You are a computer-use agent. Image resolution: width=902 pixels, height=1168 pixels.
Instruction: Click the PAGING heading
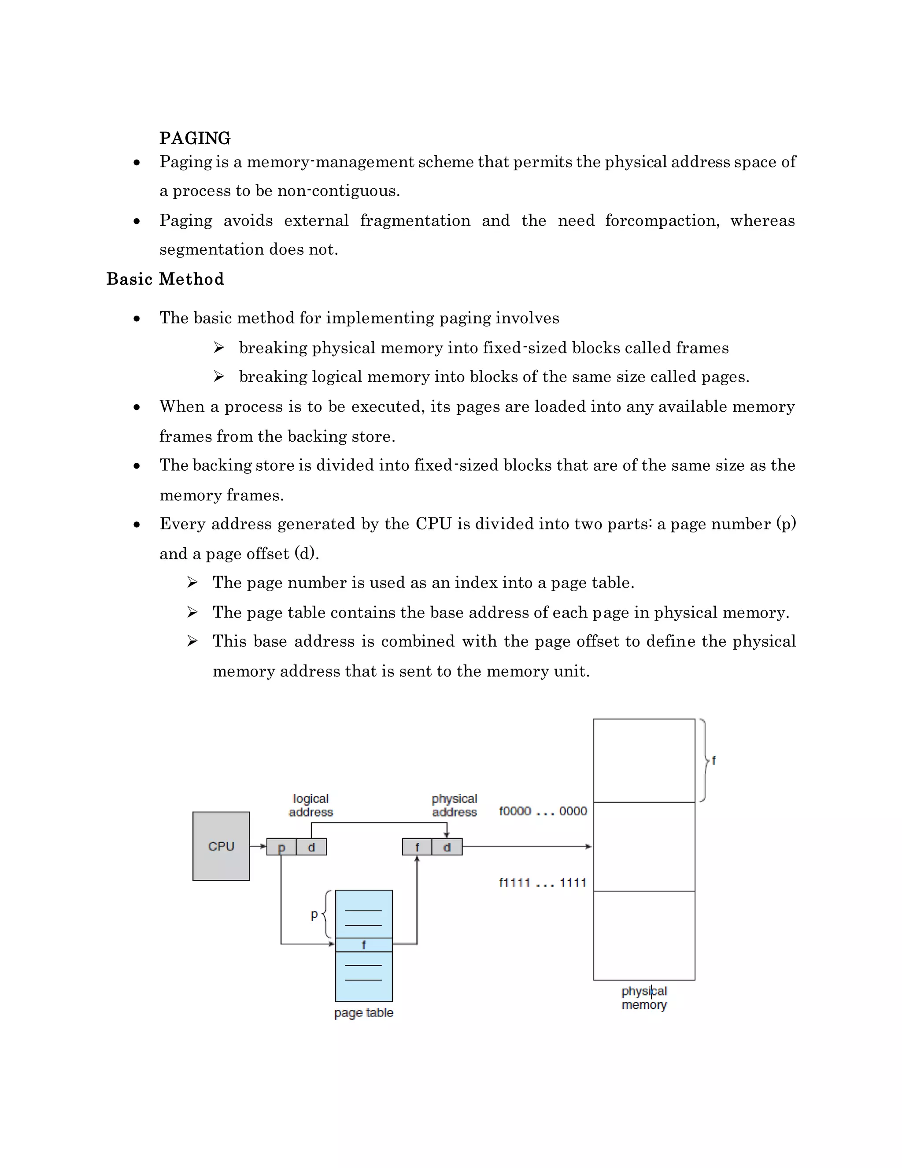click(195, 138)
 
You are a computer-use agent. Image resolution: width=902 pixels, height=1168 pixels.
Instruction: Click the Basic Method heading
click(165, 279)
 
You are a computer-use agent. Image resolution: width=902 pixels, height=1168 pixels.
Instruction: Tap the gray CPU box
click(221, 846)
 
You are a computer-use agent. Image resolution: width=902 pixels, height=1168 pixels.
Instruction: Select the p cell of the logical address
click(281, 847)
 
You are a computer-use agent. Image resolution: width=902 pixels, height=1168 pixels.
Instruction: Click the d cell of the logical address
click(311, 847)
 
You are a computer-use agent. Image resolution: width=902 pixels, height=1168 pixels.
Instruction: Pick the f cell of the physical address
click(417, 847)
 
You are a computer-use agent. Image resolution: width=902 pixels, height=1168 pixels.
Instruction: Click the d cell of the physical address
click(447, 847)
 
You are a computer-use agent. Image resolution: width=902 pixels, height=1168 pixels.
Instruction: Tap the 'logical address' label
click(311, 805)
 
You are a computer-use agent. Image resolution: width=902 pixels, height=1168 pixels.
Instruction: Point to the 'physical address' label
click(454, 805)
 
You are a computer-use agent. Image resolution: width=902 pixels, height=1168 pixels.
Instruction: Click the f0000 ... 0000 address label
click(542, 811)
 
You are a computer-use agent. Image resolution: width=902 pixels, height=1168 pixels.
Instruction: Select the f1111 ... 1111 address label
click(542, 882)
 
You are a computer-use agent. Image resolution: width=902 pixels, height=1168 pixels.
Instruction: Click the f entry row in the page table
click(363, 945)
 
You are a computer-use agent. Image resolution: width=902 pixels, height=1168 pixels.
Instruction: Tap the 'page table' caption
click(363, 1012)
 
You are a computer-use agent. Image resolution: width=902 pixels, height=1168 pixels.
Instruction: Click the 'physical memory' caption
click(644, 998)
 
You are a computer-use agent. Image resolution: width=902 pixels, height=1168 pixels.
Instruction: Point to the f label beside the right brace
click(713, 760)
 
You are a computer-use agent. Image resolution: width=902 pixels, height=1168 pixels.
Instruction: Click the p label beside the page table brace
click(314, 915)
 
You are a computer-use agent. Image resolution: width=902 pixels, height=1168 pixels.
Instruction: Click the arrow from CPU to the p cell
click(258, 846)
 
